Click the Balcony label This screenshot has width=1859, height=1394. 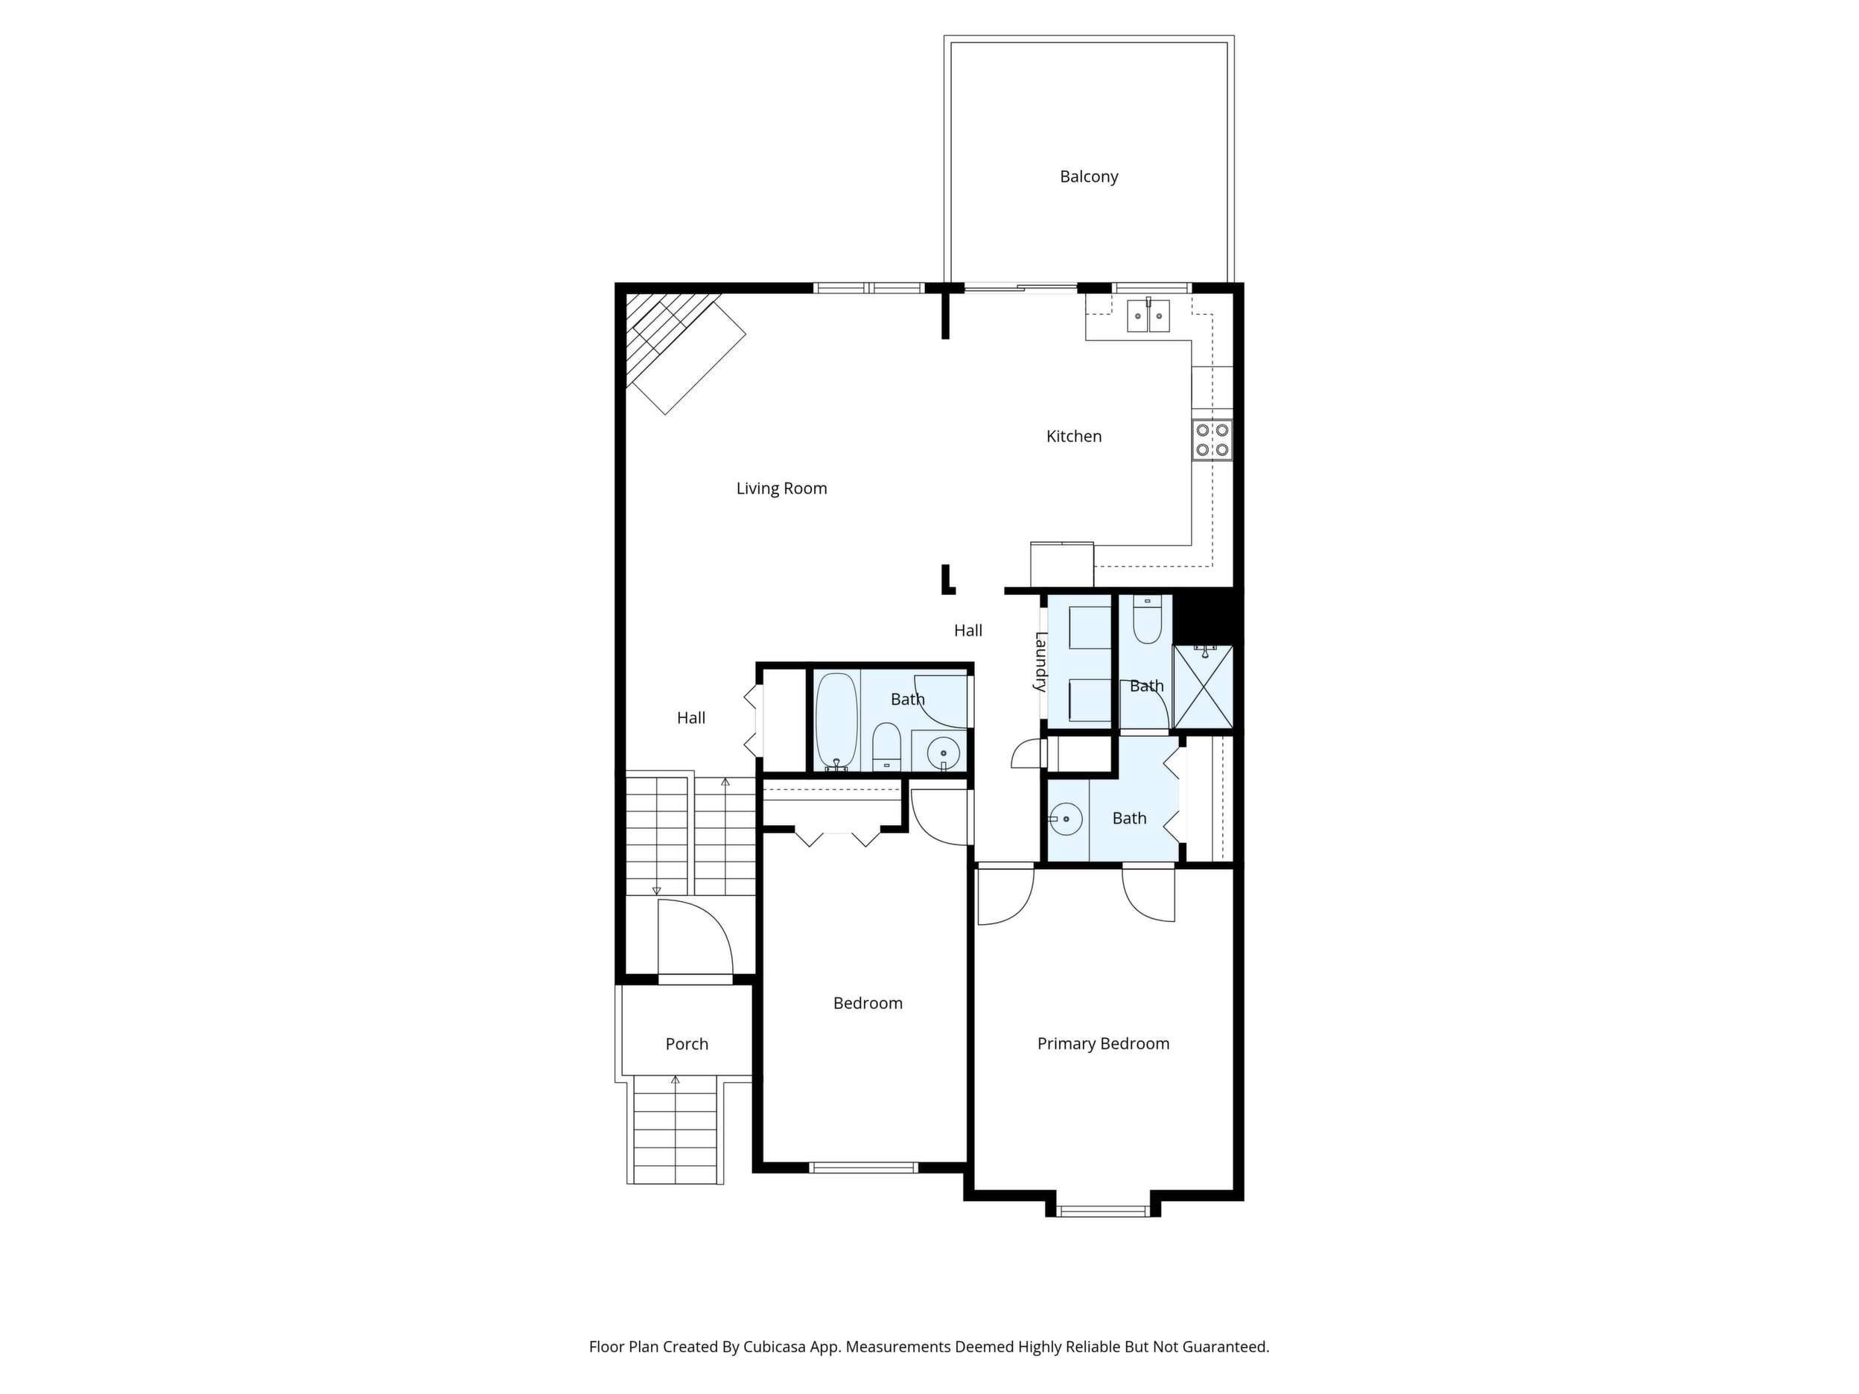[x=1088, y=176]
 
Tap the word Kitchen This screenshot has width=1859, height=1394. [x=1073, y=436]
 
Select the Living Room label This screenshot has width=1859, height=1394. [x=781, y=488]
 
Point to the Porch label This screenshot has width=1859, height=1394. [x=687, y=1043]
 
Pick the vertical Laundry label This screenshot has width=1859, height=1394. [x=1040, y=661]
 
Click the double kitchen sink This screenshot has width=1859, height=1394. [x=1148, y=315]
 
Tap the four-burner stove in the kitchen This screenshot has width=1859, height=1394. [x=1212, y=439]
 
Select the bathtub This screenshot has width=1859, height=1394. [x=836, y=721]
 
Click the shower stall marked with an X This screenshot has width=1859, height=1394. [x=1203, y=687]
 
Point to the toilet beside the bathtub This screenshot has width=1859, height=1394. [x=886, y=746]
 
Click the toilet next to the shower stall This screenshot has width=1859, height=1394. [x=1147, y=620]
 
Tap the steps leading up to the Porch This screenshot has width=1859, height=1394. [x=676, y=1130]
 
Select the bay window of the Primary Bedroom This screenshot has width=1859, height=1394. [x=1102, y=1211]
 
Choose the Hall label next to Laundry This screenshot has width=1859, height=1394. [x=968, y=630]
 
